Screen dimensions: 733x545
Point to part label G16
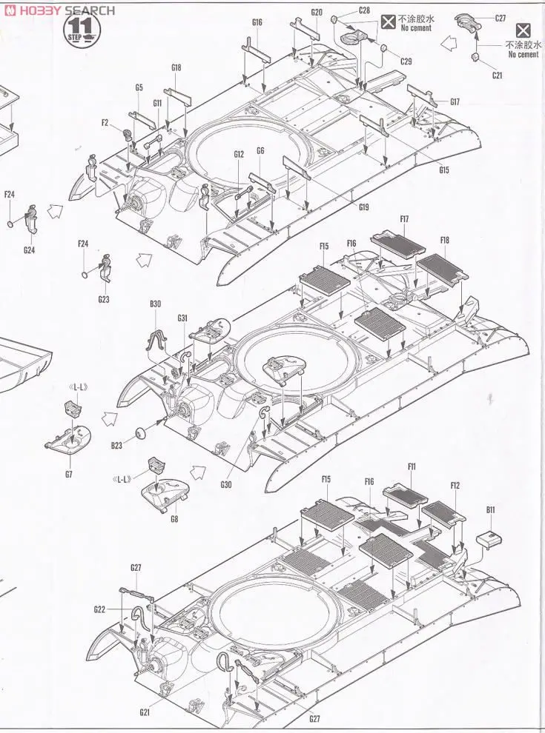click(x=257, y=22)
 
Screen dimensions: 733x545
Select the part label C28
click(x=364, y=10)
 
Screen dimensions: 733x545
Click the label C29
click(x=406, y=61)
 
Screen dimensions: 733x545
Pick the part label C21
click(x=496, y=75)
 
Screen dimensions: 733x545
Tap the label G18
click(x=176, y=68)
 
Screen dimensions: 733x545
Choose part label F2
click(x=105, y=124)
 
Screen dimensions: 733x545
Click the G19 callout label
click(x=363, y=207)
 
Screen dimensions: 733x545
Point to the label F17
click(x=404, y=219)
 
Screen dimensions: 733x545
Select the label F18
click(x=444, y=240)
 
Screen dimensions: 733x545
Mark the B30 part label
click(x=155, y=304)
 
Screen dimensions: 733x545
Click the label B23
click(x=116, y=446)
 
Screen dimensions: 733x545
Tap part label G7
click(x=69, y=473)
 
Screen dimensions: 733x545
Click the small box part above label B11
click(x=486, y=539)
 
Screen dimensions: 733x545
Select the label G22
click(x=99, y=609)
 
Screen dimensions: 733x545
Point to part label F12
click(x=455, y=486)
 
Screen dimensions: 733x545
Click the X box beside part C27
click(x=523, y=30)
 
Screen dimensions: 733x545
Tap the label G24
click(x=28, y=250)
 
